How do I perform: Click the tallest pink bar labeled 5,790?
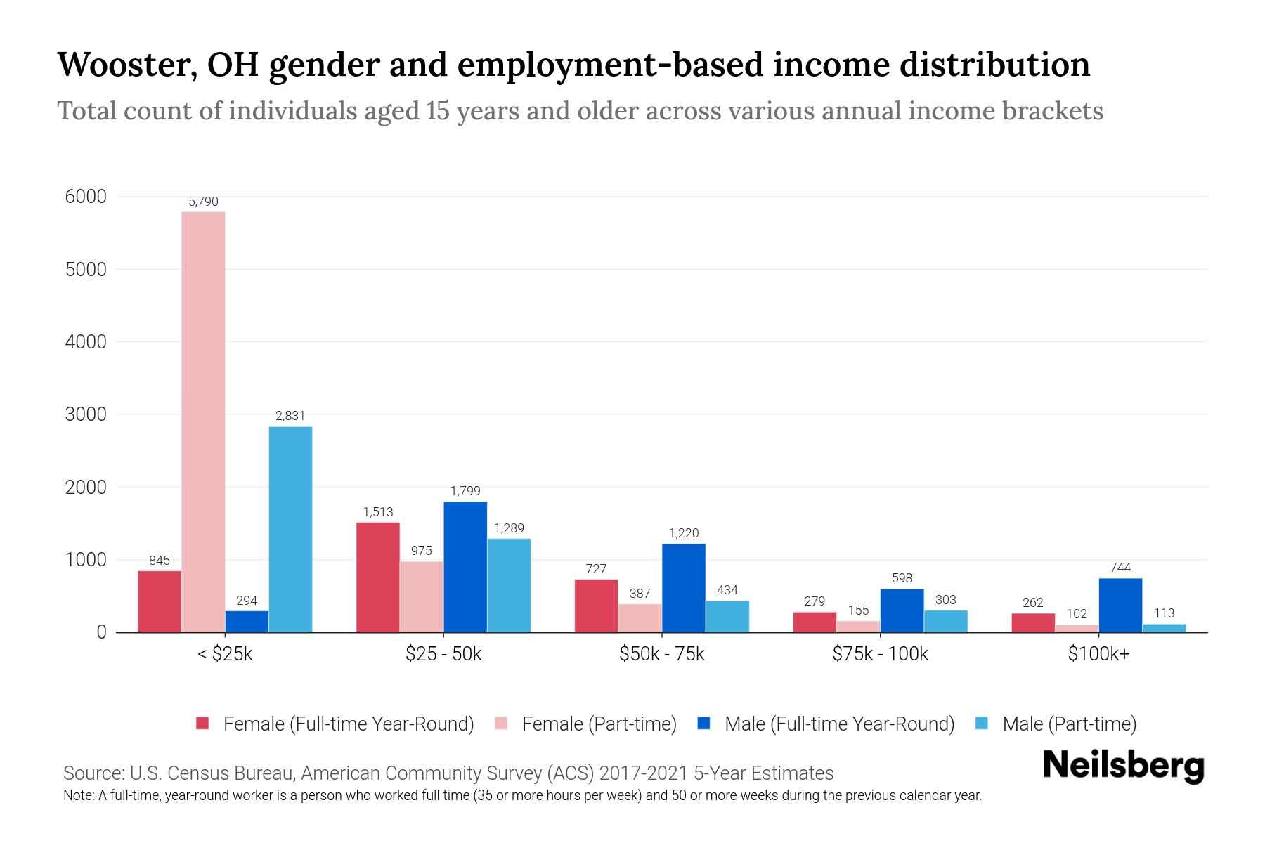tap(203, 421)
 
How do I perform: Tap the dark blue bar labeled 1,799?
tap(465, 566)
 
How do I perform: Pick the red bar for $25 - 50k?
tap(378, 577)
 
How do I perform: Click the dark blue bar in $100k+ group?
tap(1120, 605)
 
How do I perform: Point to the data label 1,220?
tap(684, 533)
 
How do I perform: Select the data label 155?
tap(858, 610)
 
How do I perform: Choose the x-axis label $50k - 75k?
tap(661, 654)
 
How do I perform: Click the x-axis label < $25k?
tap(225, 654)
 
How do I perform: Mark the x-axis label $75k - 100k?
tap(880, 654)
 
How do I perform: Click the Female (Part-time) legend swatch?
tap(501, 724)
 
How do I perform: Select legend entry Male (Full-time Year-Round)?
tap(839, 724)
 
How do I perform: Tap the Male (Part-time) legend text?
tap(1069, 724)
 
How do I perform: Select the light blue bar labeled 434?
tap(727, 616)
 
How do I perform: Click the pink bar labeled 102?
tap(1077, 628)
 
